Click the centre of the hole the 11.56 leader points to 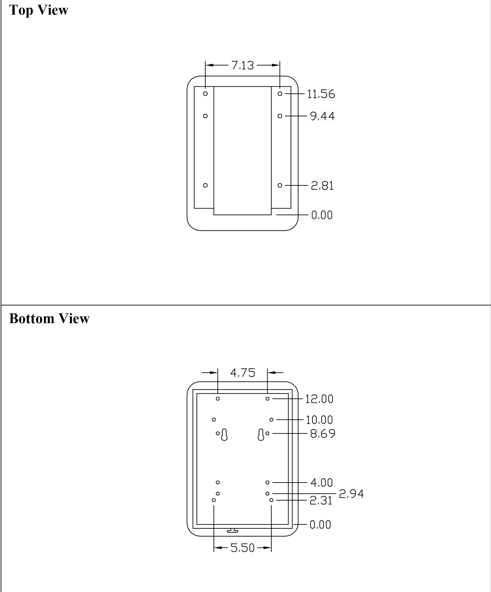click(280, 94)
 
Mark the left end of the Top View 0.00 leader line click(277, 215)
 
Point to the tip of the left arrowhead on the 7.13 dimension click(206, 65)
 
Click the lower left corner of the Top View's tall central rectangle click(214, 215)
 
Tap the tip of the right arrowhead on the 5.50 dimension click(271, 548)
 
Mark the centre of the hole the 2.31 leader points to click(271, 500)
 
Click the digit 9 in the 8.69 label click(331, 434)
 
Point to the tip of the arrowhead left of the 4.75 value click(218, 373)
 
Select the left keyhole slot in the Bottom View click(224, 434)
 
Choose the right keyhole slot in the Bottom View click(261, 434)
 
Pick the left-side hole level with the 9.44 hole click(205, 116)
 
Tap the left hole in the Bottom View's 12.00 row click(218, 399)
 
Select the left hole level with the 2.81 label click(205, 185)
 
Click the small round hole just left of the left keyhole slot click(218, 433)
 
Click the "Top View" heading click(39, 10)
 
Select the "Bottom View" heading click(49, 319)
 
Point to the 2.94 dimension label click(351, 494)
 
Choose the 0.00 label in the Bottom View click(320, 525)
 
